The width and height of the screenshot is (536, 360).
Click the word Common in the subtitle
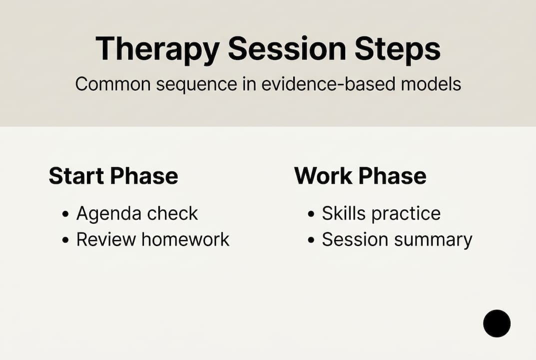pos(112,84)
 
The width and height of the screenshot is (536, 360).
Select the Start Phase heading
pos(113,176)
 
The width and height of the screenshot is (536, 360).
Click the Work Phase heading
pos(360,176)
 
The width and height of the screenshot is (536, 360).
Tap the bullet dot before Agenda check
pos(65,214)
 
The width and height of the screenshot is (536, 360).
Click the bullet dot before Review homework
pos(65,240)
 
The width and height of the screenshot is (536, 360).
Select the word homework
pos(185,239)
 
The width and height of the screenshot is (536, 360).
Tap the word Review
pos(106,239)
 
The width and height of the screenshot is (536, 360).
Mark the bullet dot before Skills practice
pos(311,214)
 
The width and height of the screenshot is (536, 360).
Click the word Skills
pos(344,213)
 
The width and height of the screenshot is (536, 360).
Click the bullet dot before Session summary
pos(311,240)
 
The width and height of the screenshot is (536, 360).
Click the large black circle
pos(497,323)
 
